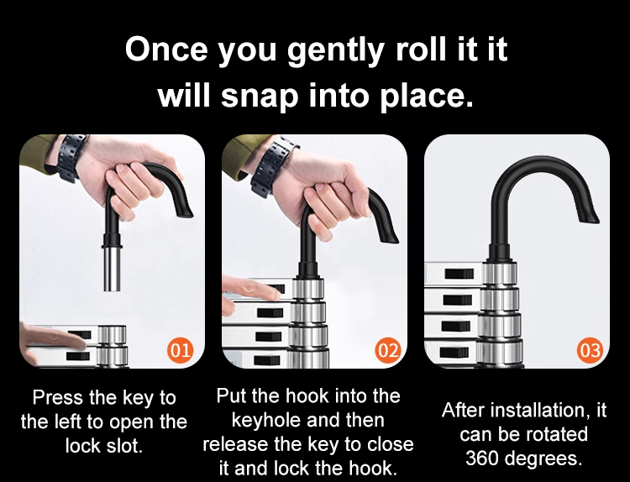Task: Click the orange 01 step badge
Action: click(x=180, y=350)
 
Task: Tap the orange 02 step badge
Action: click(x=388, y=350)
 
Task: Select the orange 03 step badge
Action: click(x=590, y=350)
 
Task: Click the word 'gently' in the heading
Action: click(x=335, y=50)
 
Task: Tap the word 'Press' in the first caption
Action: click(x=58, y=398)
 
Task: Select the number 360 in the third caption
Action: click(x=481, y=458)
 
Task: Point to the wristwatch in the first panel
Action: click(x=71, y=157)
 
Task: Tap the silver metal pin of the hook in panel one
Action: click(x=112, y=268)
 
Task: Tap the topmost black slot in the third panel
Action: click(x=459, y=275)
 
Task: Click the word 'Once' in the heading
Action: click(x=166, y=49)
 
